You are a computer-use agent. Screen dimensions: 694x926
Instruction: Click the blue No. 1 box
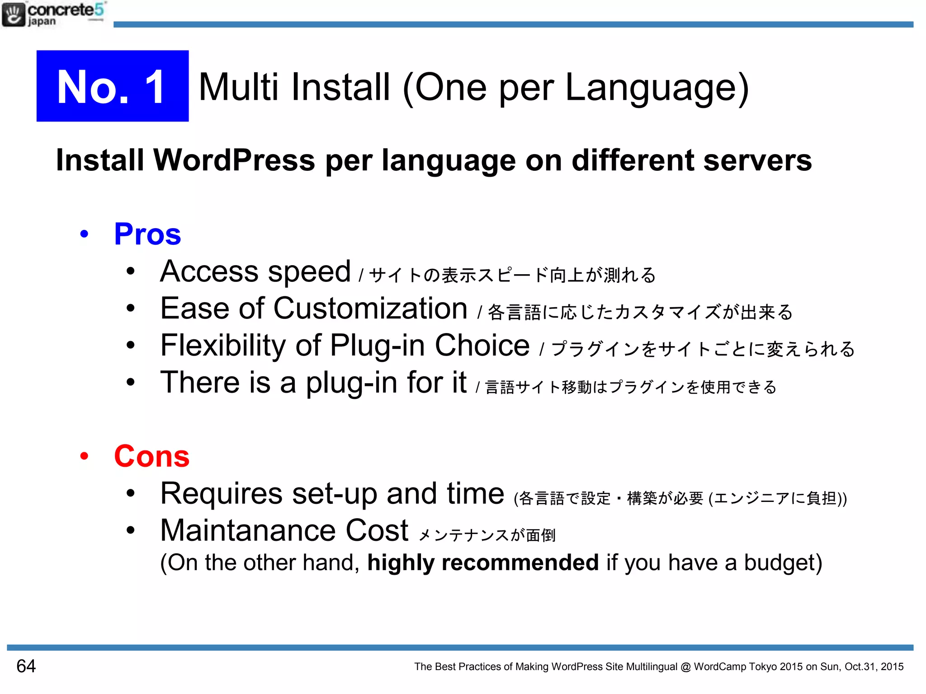click(x=112, y=86)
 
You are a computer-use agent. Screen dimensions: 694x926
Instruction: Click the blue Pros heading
click(x=147, y=234)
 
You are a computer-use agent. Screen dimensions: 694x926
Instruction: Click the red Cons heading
click(x=151, y=456)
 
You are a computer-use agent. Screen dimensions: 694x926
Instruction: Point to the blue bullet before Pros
click(x=84, y=234)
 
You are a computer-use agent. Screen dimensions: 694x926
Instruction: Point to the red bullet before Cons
click(x=84, y=456)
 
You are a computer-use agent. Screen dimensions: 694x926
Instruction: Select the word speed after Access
click(x=309, y=272)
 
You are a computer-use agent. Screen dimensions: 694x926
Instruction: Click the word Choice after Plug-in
click(x=482, y=346)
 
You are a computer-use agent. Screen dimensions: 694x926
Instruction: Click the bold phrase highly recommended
click(x=483, y=563)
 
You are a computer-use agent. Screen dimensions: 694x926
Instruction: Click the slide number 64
click(x=26, y=666)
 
